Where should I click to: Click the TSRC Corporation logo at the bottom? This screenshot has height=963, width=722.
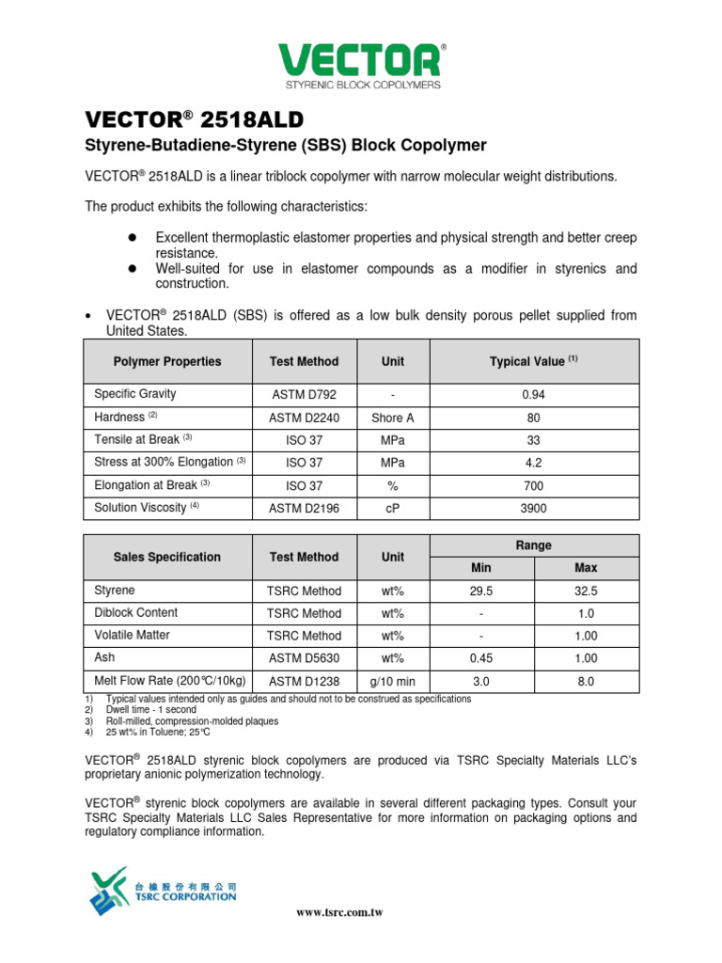pos(164,890)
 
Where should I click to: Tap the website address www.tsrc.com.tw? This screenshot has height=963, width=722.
pos(339,912)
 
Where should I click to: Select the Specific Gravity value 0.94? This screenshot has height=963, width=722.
pos(533,395)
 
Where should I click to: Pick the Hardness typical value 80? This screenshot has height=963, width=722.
pos(533,418)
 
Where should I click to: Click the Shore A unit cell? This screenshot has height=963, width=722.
pos(392,418)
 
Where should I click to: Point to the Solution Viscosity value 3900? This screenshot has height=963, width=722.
pos(533,508)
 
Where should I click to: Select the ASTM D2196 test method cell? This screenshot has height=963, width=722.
pos(304,508)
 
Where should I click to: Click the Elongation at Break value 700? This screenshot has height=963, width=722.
pos(533,485)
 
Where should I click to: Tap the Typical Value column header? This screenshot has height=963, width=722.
pos(533,361)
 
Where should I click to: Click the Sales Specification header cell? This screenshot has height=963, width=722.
pos(167,557)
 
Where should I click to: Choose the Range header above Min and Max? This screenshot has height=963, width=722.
pos(533,545)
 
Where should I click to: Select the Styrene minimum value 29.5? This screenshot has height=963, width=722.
pos(481,592)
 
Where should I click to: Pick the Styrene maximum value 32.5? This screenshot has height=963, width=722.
pos(586,592)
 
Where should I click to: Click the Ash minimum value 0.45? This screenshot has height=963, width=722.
pos(481,658)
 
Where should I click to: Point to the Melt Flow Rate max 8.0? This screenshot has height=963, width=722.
pos(586,681)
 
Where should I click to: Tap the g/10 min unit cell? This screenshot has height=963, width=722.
pos(392,681)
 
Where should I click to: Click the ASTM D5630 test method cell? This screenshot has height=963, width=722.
pos(304,658)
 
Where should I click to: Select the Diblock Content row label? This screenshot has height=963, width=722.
pos(136,612)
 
